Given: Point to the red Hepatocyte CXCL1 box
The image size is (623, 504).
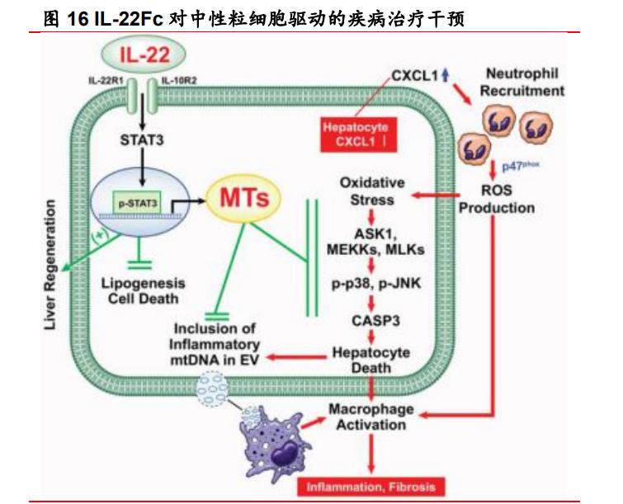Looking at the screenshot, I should [x=355, y=135].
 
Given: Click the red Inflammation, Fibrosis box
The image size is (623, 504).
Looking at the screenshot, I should [x=370, y=486].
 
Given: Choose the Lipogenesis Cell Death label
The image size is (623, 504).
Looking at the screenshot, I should [x=143, y=290].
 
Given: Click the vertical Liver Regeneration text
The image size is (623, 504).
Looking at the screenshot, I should [x=50, y=264].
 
